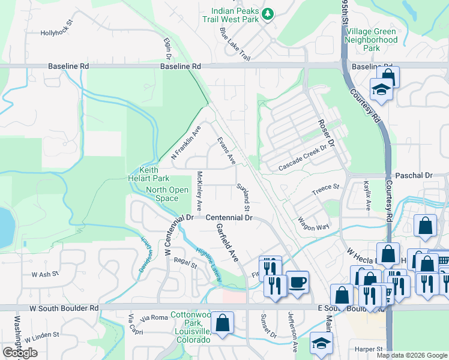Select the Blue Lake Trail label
coord(235,43)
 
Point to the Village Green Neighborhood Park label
coord(371,40)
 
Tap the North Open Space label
coord(162,194)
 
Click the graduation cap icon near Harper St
coord(321,343)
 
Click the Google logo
coord(19,353)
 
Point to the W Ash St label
coord(43,274)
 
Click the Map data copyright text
coord(411,355)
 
